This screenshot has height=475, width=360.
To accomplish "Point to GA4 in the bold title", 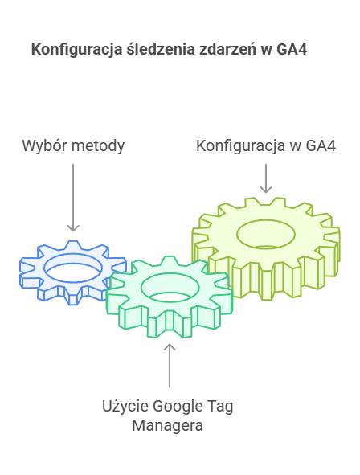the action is (x=292, y=49).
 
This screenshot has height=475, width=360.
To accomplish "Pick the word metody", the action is (x=97, y=146).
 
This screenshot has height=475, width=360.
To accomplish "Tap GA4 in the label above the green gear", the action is (x=321, y=145).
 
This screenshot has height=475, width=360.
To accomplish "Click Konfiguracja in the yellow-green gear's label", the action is (x=241, y=146).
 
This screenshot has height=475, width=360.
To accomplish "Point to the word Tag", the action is (x=220, y=407).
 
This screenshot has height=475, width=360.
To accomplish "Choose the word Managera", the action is (x=168, y=426).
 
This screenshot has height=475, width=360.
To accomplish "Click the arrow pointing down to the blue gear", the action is (x=73, y=198).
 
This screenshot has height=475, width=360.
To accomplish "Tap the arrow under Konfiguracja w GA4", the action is (x=266, y=178).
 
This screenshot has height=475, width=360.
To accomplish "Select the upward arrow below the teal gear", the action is (x=170, y=366).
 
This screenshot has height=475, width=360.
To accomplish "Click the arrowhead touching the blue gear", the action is (x=73, y=228).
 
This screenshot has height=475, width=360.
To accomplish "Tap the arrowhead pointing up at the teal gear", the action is (x=170, y=347).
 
